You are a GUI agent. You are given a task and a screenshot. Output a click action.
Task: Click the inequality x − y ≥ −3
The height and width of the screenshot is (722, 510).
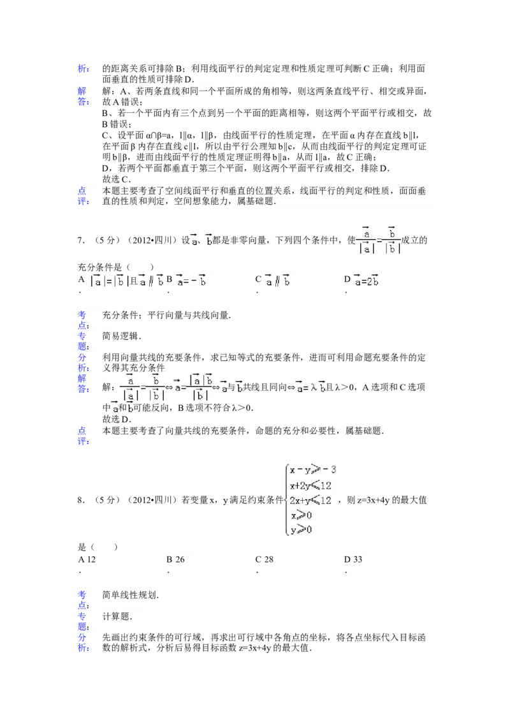coord(312,471)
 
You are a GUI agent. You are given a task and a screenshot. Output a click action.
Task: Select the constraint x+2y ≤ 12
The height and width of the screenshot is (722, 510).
coord(310,485)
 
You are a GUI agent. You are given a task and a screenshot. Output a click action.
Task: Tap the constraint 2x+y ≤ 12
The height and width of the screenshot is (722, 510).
coord(310,500)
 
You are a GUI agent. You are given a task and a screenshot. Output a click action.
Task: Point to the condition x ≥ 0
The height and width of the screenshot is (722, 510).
coord(301,515)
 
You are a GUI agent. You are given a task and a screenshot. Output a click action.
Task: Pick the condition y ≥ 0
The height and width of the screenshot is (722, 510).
coord(301,529)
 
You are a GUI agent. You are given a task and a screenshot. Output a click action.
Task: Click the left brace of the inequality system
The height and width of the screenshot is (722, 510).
coord(284,499)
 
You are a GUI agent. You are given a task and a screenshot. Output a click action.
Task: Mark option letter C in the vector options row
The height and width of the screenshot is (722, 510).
coord(259,280)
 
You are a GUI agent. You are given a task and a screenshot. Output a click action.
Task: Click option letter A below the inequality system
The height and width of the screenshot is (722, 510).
coord(82,559)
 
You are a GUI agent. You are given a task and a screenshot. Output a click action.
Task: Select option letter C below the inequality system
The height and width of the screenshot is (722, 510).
coord(259,559)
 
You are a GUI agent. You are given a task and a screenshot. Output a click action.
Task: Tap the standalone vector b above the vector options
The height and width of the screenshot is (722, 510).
coord(209,240)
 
